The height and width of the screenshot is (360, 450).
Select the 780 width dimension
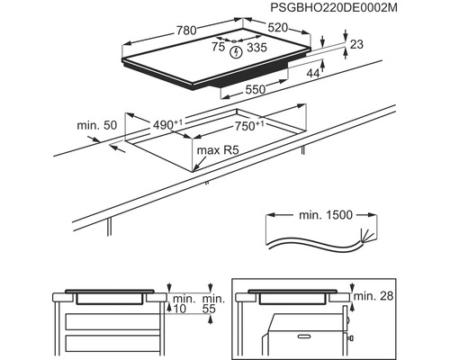click(x=187, y=31)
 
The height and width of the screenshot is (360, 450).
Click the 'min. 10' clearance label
click(x=184, y=302)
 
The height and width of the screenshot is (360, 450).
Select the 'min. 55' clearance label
click(x=213, y=302)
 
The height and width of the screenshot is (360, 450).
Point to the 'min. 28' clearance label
click(x=375, y=295)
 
